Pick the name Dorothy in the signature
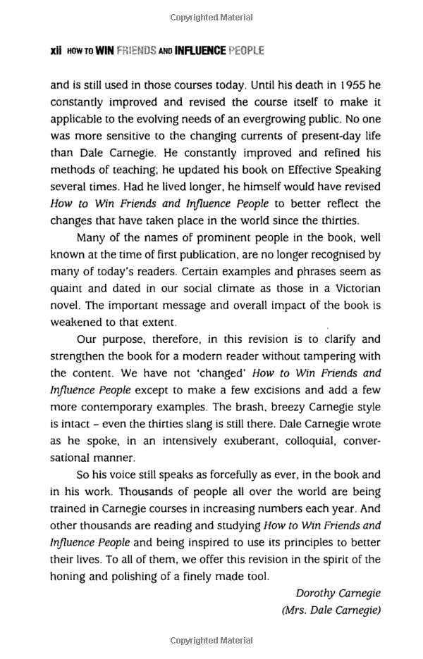315,594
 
